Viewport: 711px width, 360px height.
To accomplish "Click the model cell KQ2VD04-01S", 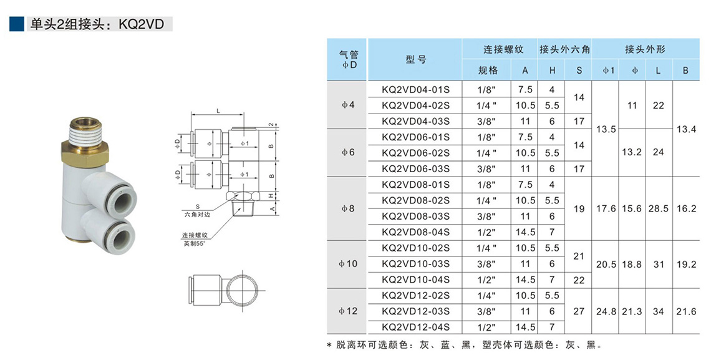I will point(415,89).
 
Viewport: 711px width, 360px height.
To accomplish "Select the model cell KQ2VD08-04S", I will point(415,232).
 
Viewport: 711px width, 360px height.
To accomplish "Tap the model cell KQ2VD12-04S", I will point(415,327).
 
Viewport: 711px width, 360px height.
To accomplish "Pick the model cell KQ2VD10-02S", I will point(415,248).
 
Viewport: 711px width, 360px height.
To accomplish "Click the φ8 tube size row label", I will point(348,208).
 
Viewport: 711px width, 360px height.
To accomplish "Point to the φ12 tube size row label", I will point(348,311).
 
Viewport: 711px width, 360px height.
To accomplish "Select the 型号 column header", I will point(415,59).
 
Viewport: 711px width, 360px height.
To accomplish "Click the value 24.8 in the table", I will point(606,311).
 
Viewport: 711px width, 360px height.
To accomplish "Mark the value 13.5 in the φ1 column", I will point(606,129).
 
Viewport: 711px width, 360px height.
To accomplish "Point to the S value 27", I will point(579,311).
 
